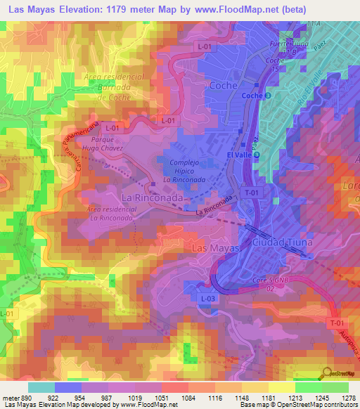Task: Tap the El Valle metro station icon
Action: [x=257, y=155]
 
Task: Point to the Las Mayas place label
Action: [x=216, y=249]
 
